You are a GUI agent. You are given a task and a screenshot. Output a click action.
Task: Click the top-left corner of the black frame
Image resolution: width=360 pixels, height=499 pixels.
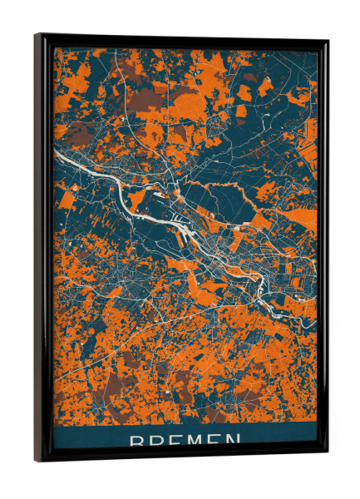(36, 35)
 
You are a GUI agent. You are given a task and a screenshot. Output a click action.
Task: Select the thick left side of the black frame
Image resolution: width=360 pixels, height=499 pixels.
(43, 249)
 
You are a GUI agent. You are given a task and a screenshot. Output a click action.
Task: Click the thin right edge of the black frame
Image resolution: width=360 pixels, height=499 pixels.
(324, 249)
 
